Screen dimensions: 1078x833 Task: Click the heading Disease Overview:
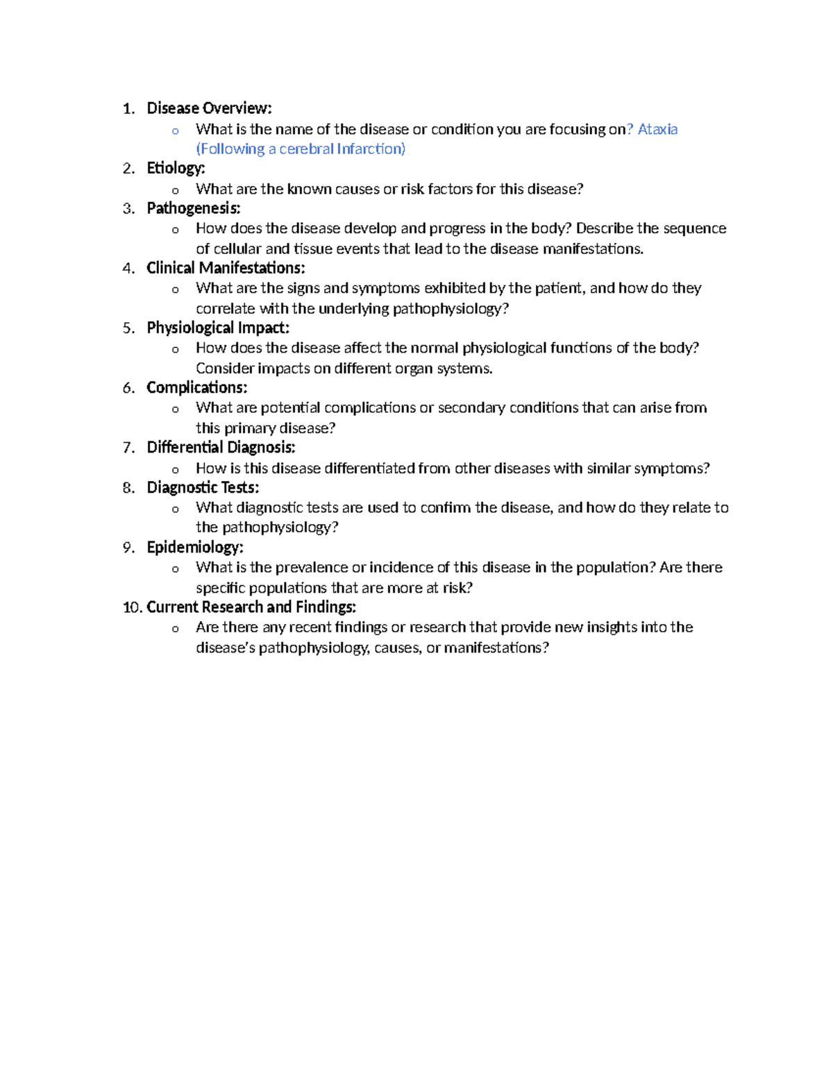coord(209,108)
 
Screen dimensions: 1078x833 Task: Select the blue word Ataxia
coord(657,129)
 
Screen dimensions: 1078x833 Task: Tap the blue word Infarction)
coord(371,149)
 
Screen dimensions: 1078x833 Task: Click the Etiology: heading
coord(176,168)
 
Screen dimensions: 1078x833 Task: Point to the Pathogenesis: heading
coord(194,208)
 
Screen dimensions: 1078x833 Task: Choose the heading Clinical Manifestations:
coord(226,268)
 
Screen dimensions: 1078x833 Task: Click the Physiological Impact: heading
coord(218,328)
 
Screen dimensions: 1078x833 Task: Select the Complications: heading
coord(196,387)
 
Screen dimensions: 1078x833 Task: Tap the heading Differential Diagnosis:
coord(221,447)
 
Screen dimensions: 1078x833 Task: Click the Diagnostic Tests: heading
coord(203,487)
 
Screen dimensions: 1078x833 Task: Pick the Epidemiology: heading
coord(195,547)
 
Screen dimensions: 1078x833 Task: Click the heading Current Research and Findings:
coord(251,607)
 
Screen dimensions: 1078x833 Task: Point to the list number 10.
coord(132,607)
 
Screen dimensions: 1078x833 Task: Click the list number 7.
coord(128,448)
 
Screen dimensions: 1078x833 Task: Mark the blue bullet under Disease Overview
coord(176,130)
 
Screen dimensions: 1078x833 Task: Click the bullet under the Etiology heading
coord(176,190)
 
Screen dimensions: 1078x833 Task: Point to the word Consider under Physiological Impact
coord(224,368)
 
